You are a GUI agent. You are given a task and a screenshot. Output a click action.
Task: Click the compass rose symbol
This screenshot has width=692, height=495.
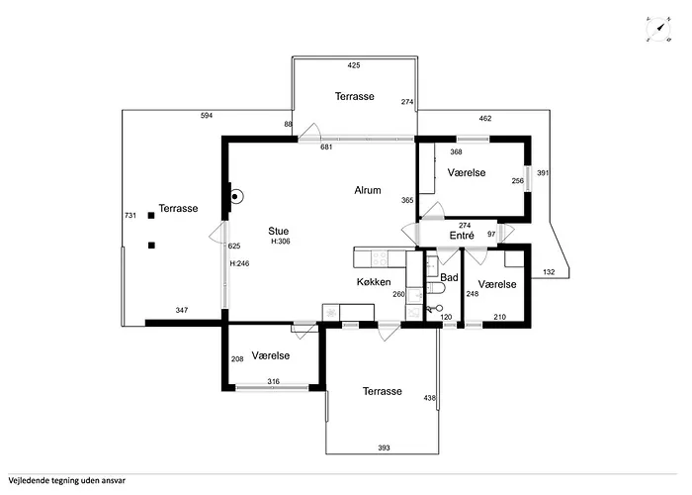click(659, 29)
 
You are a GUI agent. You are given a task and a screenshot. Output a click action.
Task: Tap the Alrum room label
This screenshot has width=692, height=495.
click(368, 190)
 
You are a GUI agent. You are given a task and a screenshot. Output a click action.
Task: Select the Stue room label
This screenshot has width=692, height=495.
click(279, 231)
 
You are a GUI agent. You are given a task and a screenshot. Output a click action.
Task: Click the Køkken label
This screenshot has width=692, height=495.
click(374, 281)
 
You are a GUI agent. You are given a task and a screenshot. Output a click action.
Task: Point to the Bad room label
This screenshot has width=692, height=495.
click(449, 277)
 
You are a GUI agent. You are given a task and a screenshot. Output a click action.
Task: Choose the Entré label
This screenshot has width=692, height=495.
click(462, 236)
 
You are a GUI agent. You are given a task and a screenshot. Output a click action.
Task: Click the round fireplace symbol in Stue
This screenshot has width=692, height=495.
click(236, 196)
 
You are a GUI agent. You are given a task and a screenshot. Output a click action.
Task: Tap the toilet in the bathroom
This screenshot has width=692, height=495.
click(437, 288)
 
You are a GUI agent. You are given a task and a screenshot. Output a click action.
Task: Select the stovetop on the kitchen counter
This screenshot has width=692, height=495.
click(380, 258)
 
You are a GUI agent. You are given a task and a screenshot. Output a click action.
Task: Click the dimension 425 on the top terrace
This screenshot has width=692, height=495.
click(354, 65)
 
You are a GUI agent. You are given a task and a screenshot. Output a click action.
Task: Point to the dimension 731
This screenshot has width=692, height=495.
click(130, 216)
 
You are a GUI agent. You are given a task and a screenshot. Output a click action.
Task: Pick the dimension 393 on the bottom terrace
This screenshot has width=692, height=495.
click(384, 447)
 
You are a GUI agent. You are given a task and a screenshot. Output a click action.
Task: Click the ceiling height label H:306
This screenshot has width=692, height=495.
click(281, 242)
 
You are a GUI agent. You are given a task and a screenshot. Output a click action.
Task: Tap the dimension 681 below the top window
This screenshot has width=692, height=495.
click(326, 148)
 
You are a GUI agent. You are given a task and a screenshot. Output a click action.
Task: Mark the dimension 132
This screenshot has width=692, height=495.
click(549, 272)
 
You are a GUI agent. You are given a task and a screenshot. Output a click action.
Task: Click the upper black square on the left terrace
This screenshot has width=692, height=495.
click(151, 215)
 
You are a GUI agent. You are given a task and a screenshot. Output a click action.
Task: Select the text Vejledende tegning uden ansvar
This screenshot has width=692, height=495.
click(66, 480)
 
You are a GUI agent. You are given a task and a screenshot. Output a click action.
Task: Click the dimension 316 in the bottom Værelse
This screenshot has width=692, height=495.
click(273, 381)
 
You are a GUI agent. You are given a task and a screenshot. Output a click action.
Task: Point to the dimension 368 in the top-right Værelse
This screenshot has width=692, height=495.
click(456, 152)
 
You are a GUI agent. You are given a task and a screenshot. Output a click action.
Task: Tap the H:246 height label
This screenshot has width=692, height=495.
click(239, 263)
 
